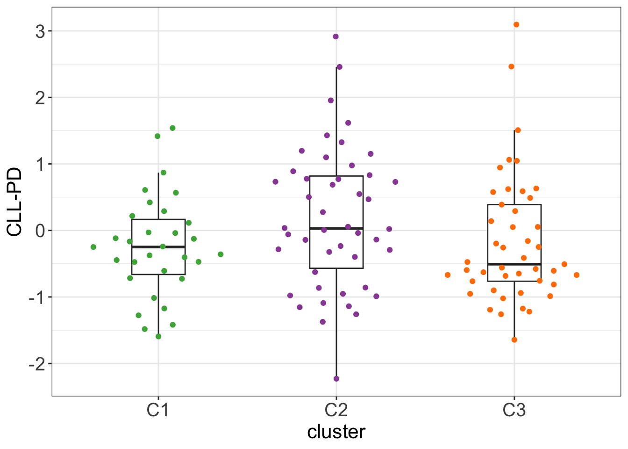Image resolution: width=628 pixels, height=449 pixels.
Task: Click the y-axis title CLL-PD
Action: [x=15, y=202]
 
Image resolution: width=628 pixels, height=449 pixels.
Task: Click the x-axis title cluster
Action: [x=336, y=432]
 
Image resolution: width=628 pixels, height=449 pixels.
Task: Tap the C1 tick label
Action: [x=158, y=410]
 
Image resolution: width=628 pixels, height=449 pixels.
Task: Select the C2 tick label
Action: [x=336, y=410]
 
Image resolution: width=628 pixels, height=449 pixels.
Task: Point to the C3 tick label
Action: [x=514, y=410]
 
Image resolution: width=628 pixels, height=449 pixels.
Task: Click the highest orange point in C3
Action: [x=516, y=25]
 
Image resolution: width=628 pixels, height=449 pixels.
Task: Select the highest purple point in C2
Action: [x=335, y=36]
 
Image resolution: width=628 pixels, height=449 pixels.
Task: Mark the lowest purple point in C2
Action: [x=336, y=379]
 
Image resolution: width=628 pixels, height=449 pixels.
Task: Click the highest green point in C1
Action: [x=172, y=128]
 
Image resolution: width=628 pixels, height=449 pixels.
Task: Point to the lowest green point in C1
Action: [x=158, y=337]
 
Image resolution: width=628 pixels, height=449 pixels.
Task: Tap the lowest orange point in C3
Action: [x=514, y=340]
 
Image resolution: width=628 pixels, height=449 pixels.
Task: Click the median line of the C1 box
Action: [x=158, y=246]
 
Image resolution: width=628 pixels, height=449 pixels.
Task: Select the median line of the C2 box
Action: [x=336, y=228]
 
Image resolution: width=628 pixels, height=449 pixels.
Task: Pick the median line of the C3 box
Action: [x=514, y=264]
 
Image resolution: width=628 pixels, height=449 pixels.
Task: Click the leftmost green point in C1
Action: [x=93, y=247]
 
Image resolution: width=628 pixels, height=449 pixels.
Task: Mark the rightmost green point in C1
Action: [x=221, y=254]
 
